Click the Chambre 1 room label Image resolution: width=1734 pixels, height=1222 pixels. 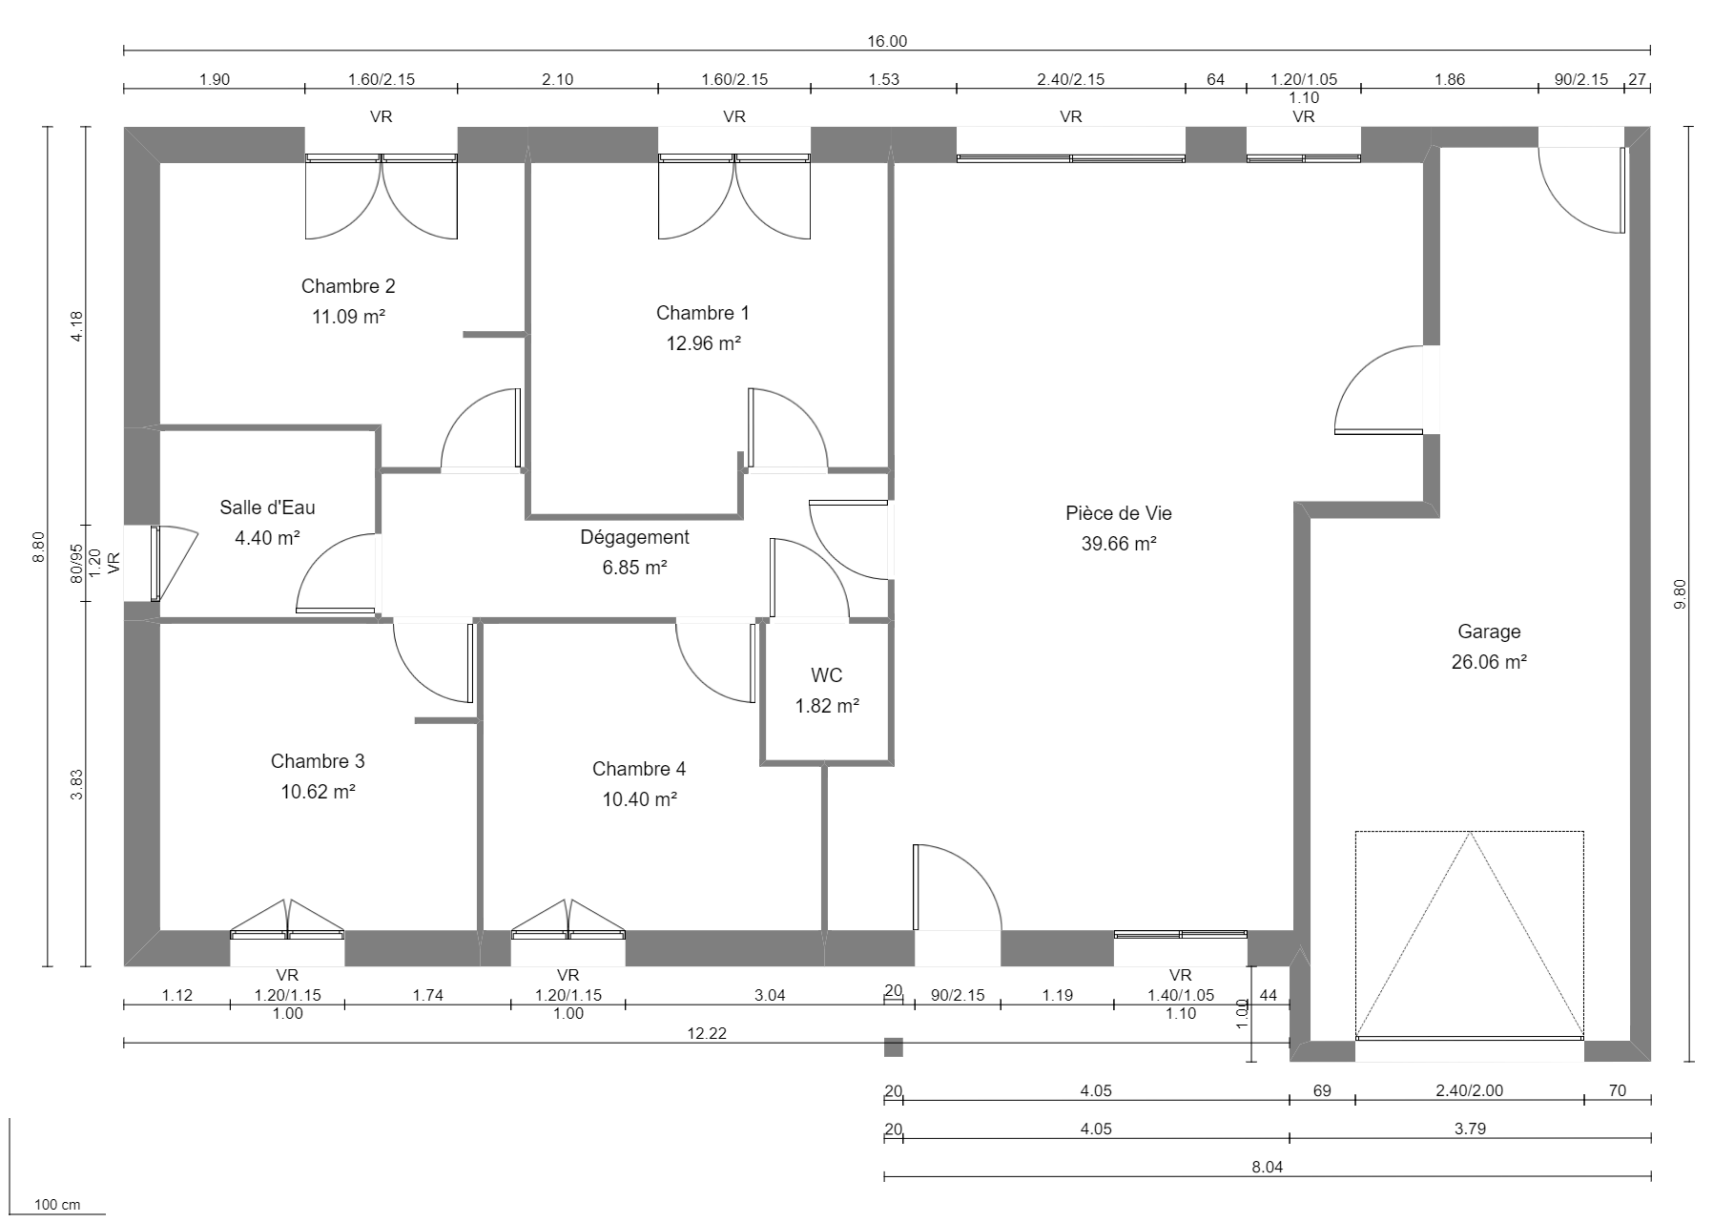(x=702, y=313)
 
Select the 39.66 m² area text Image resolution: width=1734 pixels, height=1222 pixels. (x=1119, y=544)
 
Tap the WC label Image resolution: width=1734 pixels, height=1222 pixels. (x=826, y=675)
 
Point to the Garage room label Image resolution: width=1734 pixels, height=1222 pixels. (x=1488, y=632)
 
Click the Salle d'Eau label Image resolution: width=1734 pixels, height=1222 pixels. (x=267, y=507)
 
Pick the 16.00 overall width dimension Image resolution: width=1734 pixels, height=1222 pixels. (x=887, y=41)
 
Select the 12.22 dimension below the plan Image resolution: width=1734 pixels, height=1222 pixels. (x=707, y=1033)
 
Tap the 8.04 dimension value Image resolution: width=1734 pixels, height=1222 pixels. (x=1268, y=1167)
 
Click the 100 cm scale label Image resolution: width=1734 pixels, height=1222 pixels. (x=57, y=1205)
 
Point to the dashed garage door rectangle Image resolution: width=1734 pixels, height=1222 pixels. (x=1469, y=935)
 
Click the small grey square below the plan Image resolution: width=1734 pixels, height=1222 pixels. (x=893, y=1047)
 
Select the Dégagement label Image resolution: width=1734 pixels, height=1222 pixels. (x=634, y=537)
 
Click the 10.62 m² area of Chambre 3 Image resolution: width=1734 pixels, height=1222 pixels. (x=318, y=792)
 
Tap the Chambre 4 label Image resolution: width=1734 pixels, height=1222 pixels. (x=638, y=769)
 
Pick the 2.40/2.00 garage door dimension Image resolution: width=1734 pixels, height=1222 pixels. (x=1469, y=1090)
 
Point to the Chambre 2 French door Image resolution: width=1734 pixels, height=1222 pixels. (x=382, y=198)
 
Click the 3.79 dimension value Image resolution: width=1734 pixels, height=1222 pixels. (x=1469, y=1129)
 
